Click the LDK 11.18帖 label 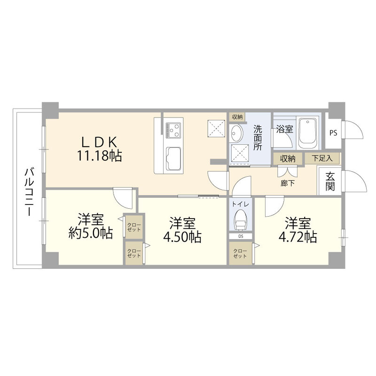99,149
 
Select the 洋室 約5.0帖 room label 91,226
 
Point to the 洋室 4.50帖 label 182,230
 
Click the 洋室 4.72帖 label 298,230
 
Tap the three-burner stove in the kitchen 173,130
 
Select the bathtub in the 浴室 308,133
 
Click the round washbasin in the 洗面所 236,134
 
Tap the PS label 333,133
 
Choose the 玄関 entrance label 330,181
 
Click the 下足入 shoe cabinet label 322,158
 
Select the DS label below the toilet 241,236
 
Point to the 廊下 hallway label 288,183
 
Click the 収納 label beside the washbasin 237,117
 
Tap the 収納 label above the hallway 288,158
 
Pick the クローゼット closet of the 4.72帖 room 240,253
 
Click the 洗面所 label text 258,137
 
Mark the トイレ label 240,204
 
